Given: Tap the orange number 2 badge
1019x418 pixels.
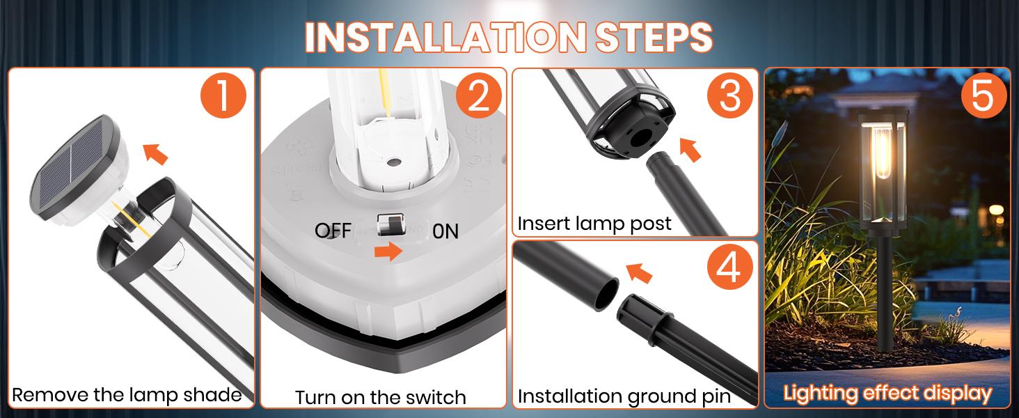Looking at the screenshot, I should click(478, 96).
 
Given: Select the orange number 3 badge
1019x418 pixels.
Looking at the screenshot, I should click(729, 96).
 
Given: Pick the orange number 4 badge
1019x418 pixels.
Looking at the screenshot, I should click(729, 269).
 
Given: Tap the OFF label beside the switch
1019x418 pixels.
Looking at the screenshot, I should click(333, 231).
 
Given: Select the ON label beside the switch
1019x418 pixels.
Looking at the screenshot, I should click(445, 231).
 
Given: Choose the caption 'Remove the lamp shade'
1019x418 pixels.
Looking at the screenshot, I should click(127, 395).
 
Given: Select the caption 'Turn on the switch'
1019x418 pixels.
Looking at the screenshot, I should click(380, 397).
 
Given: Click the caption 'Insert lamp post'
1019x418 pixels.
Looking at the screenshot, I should click(594, 224).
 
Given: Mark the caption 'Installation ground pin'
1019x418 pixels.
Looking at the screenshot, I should click(624, 396).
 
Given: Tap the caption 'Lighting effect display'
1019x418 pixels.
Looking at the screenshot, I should click(887, 393).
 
